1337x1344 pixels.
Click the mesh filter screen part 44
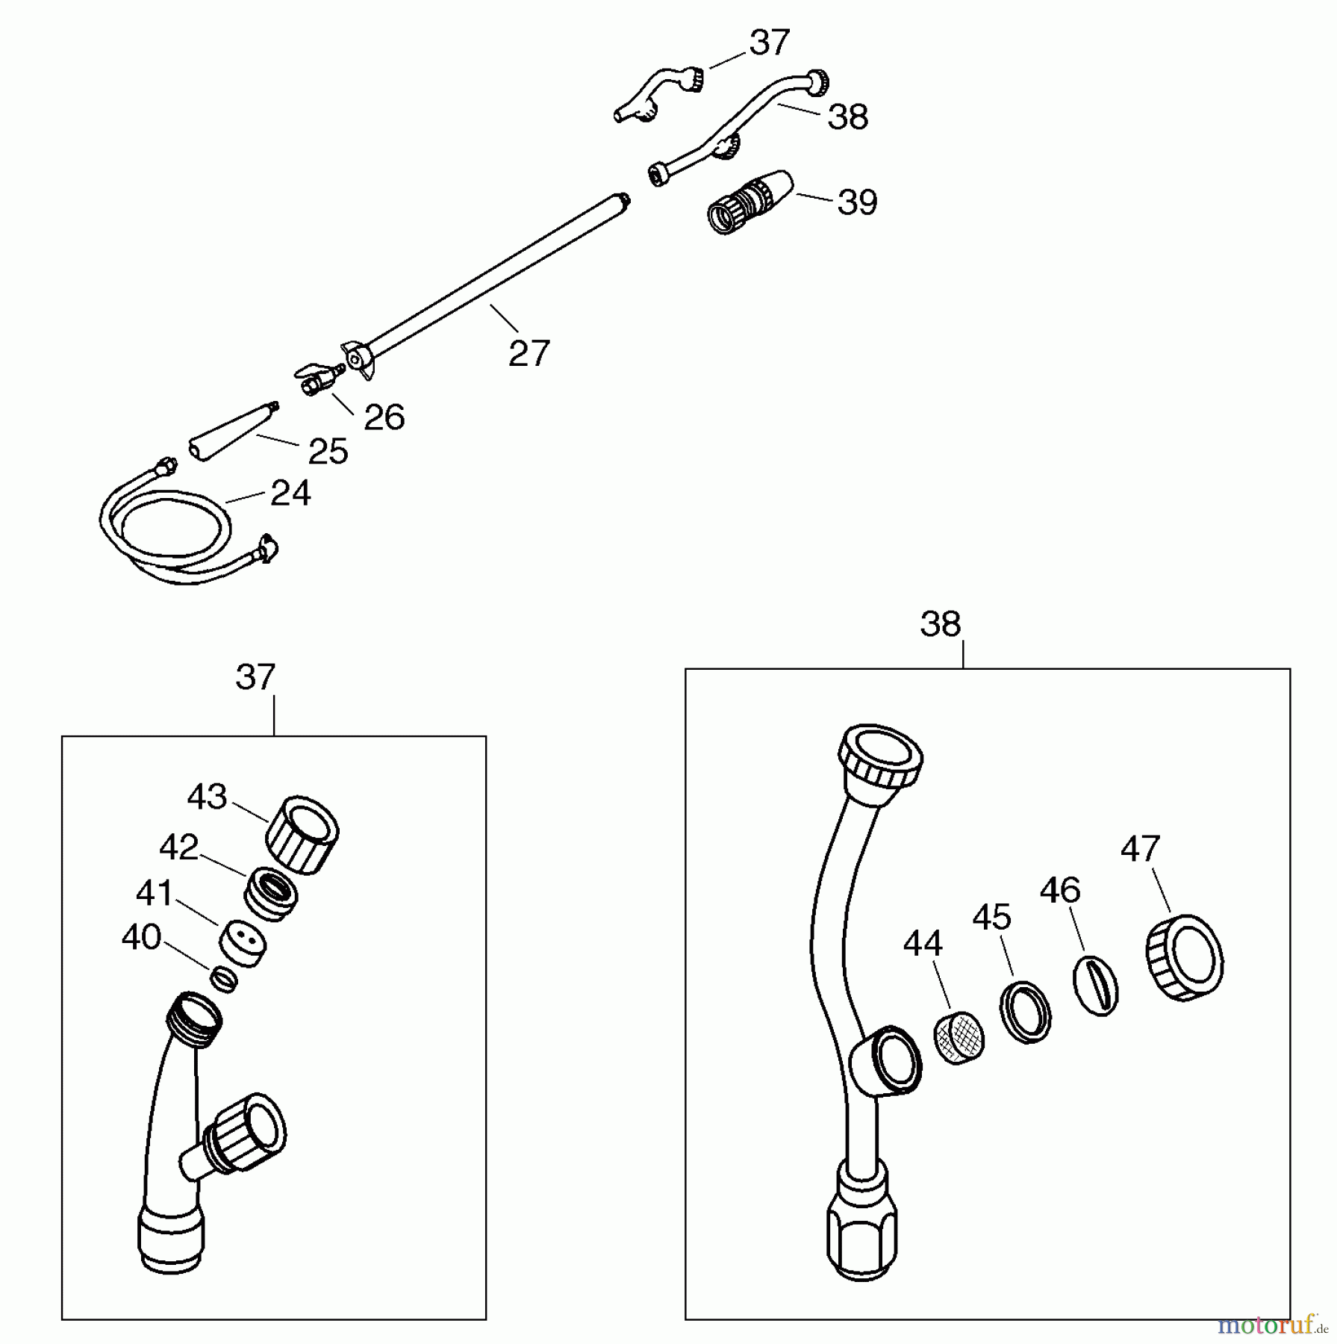click(x=959, y=1039)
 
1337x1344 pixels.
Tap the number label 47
click(x=1140, y=849)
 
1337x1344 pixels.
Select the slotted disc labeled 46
click(x=1096, y=986)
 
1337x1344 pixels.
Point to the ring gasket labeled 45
click(x=1026, y=1012)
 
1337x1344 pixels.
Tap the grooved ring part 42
click(x=272, y=894)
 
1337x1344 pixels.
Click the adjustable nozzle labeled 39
click(x=750, y=202)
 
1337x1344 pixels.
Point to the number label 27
click(x=529, y=352)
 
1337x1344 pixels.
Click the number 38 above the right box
click(x=940, y=624)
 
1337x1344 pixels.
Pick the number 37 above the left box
click(x=255, y=677)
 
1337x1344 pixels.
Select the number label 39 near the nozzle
click(x=857, y=202)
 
